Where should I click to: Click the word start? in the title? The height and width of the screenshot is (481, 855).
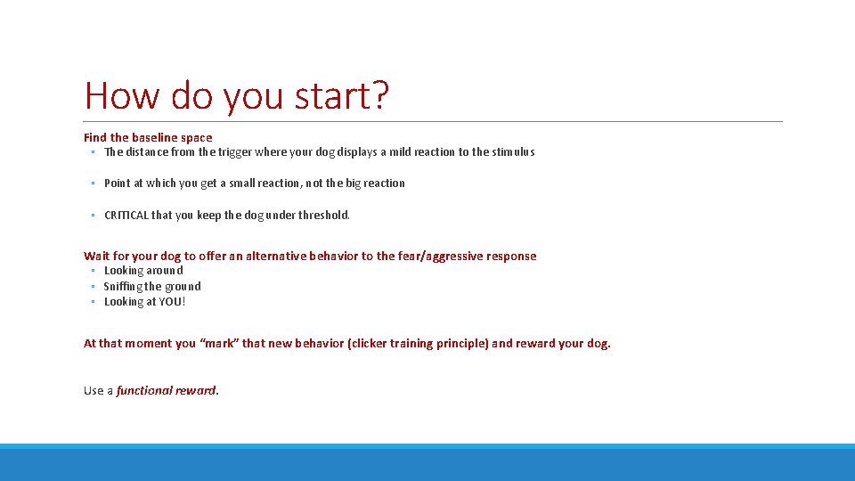(x=342, y=96)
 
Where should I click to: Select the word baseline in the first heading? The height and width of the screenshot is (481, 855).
(x=155, y=138)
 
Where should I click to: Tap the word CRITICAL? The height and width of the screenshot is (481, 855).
(x=126, y=216)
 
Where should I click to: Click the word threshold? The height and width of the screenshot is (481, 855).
(x=324, y=216)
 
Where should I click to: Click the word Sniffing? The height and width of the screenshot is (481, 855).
(x=123, y=287)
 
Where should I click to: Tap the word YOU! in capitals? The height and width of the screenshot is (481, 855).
(x=172, y=302)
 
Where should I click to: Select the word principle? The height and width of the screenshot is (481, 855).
(x=460, y=344)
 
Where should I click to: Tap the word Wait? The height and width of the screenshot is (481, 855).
(x=97, y=257)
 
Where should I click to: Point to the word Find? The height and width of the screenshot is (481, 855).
(x=95, y=138)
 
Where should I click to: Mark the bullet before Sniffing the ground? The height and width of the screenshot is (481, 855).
(x=93, y=287)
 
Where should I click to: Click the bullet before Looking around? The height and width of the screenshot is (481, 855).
(x=93, y=271)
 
